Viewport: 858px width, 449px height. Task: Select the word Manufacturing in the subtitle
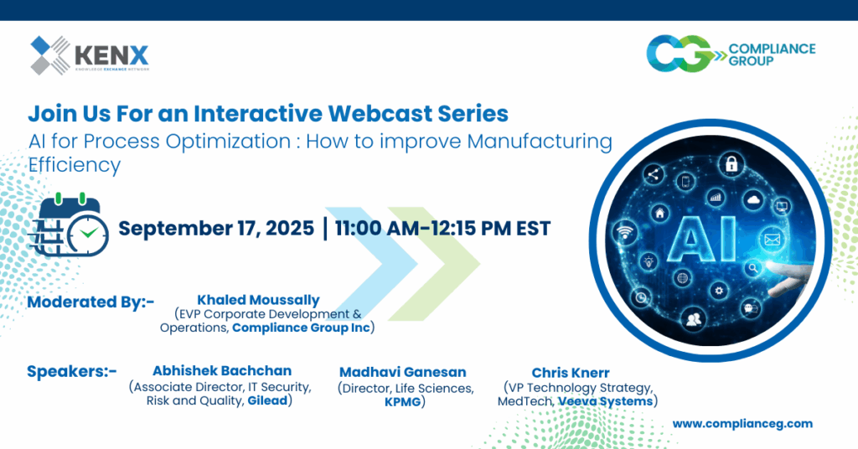(539, 141)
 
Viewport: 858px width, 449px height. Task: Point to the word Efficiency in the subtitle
(75, 165)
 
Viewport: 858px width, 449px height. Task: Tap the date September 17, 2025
(215, 229)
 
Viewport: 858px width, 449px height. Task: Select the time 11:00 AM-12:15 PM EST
(442, 229)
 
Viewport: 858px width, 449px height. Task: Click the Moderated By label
(90, 302)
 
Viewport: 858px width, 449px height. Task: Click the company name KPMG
(404, 403)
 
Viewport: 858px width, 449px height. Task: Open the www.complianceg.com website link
(742, 424)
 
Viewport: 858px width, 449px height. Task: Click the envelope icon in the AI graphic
(771, 240)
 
